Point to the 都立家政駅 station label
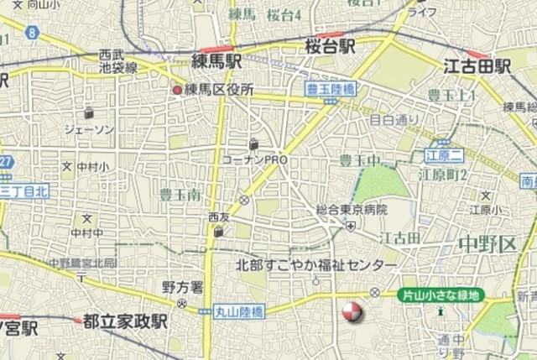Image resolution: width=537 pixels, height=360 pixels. tap(125, 321)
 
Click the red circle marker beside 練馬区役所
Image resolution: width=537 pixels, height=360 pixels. tap(177, 90)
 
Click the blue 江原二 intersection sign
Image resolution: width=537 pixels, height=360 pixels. tap(445, 155)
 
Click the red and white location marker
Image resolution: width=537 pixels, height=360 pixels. tap(352, 313)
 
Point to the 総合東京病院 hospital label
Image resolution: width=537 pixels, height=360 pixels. tap(352, 209)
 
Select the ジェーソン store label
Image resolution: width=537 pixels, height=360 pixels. tap(89, 128)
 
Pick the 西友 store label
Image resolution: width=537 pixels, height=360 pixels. tap(219, 217)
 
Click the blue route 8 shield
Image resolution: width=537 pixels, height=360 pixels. tap(31, 33)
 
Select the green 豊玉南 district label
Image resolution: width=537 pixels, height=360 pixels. tap(179, 194)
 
